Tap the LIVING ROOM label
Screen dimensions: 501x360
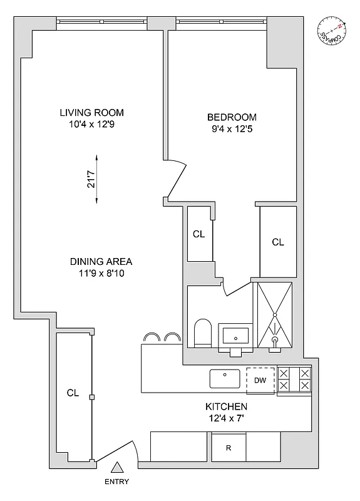tap(91, 113)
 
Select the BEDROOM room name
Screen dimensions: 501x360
tap(232, 118)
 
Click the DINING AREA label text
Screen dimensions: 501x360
tap(101, 262)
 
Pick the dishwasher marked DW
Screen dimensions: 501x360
tap(260, 380)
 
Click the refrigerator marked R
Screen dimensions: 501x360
tap(229, 449)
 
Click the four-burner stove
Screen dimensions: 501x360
tap(294, 379)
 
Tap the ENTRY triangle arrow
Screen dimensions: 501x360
tap(117, 467)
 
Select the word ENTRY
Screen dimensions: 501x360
tap(117, 482)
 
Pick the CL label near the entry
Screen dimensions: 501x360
tap(73, 393)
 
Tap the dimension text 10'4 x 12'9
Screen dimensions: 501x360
tap(91, 124)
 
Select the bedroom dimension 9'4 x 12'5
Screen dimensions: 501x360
tap(232, 130)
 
